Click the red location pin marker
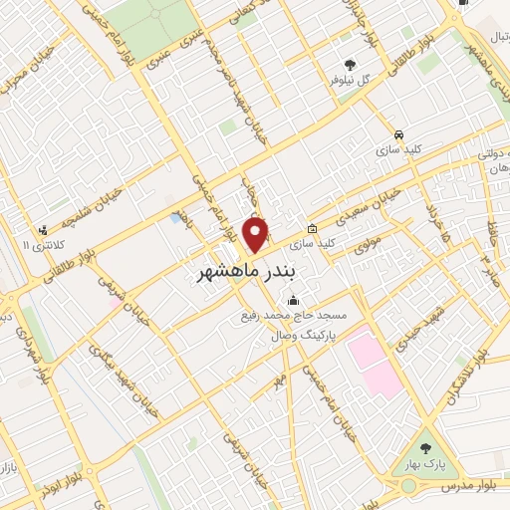click(257, 234)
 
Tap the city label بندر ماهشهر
click(244, 270)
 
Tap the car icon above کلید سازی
click(398, 134)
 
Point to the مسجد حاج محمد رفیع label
click(289, 317)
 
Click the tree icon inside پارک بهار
click(428, 448)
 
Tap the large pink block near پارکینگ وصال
click(375, 359)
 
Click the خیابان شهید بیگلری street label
click(124, 379)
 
